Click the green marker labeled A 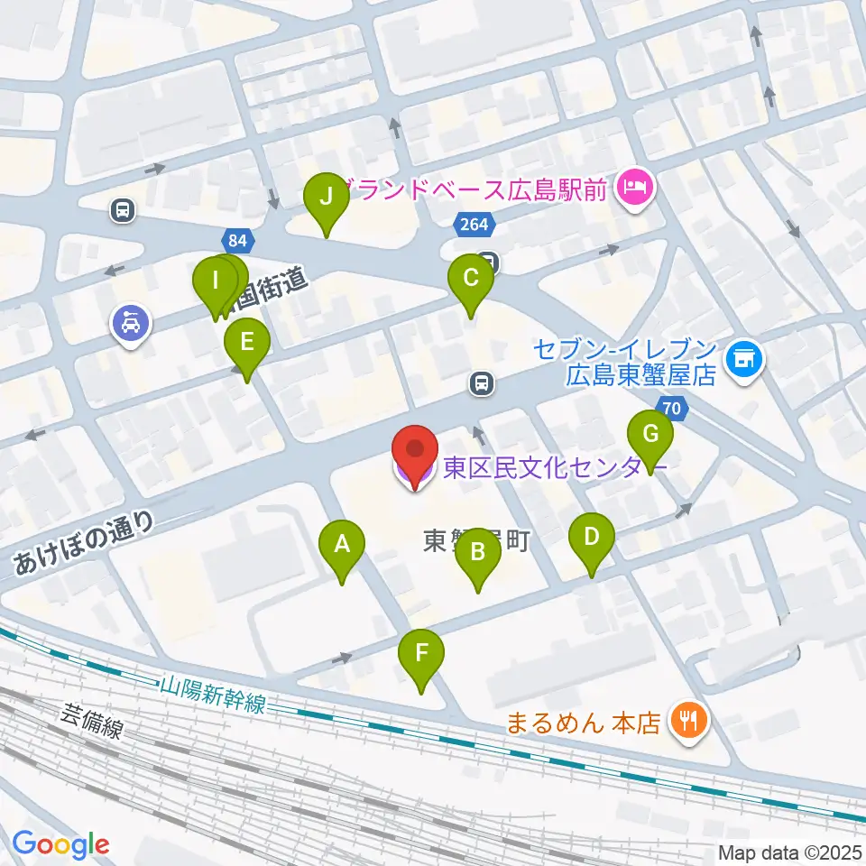(x=342, y=544)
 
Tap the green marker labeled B (x=478, y=552)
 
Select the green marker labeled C (x=471, y=279)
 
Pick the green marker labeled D (x=591, y=539)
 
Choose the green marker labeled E (x=245, y=344)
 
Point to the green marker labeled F (x=422, y=654)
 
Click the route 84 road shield (x=237, y=241)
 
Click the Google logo (x=60, y=844)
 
